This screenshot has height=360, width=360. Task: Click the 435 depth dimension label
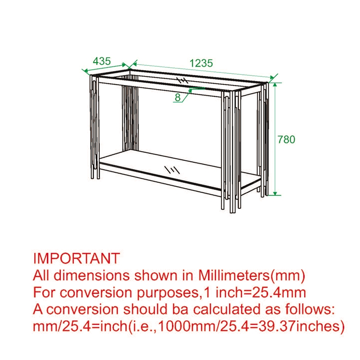click(102, 61)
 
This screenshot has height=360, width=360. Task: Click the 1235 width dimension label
click(201, 63)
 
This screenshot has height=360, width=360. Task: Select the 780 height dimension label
click(286, 139)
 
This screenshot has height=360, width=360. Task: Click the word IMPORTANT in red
click(76, 258)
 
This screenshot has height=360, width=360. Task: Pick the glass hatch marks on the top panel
click(182, 81)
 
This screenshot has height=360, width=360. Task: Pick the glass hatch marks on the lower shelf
click(171, 170)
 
